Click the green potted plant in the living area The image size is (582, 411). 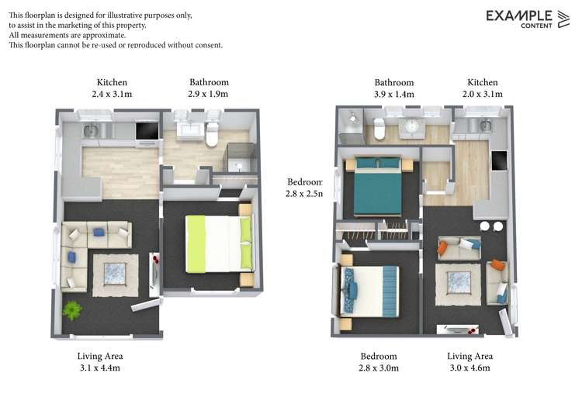tap(72, 310)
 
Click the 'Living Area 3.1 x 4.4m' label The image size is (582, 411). tap(99, 362)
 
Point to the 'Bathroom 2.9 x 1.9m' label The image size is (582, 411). tap(209, 88)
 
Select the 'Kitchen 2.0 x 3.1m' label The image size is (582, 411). tap(482, 88)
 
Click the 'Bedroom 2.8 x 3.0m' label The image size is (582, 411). tap(379, 362)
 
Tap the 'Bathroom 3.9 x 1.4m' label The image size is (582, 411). tap(393, 88)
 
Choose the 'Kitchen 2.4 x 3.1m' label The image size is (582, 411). tap(112, 88)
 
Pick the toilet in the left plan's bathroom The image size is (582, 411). tap(212, 133)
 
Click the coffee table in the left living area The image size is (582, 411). tap(114, 274)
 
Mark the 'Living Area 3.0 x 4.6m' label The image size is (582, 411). tap(469, 362)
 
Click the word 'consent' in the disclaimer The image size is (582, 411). tap(205, 45)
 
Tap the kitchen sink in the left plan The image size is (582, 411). tap(92, 130)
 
